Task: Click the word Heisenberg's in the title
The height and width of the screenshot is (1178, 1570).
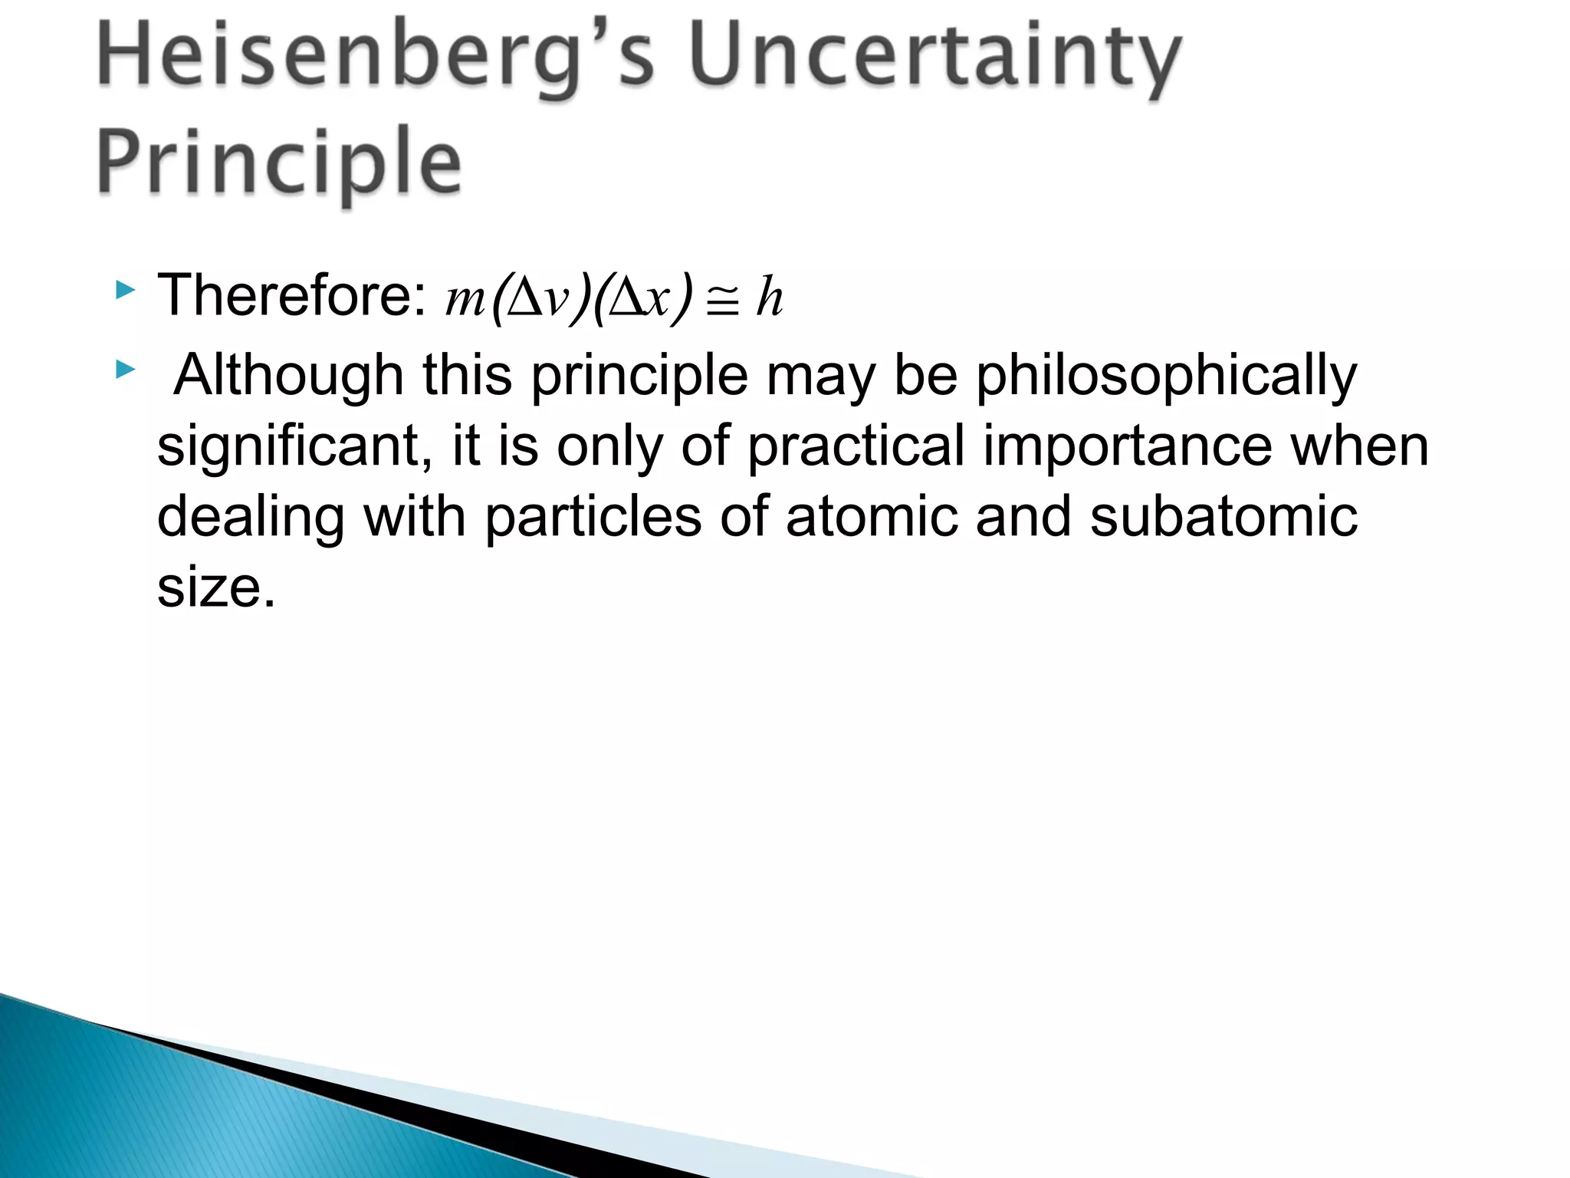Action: tap(376, 58)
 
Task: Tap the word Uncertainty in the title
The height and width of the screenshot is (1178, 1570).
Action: tap(935, 58)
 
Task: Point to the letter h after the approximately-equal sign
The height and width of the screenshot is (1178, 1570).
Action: tap(769, 297)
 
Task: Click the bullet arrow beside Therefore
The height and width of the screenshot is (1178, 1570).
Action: tap(125, 291)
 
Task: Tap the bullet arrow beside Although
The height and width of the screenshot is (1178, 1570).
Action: tap(125, 371)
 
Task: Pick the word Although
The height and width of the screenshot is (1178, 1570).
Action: tap(288, 375)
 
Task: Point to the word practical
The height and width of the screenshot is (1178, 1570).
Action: tap(856, 447)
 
